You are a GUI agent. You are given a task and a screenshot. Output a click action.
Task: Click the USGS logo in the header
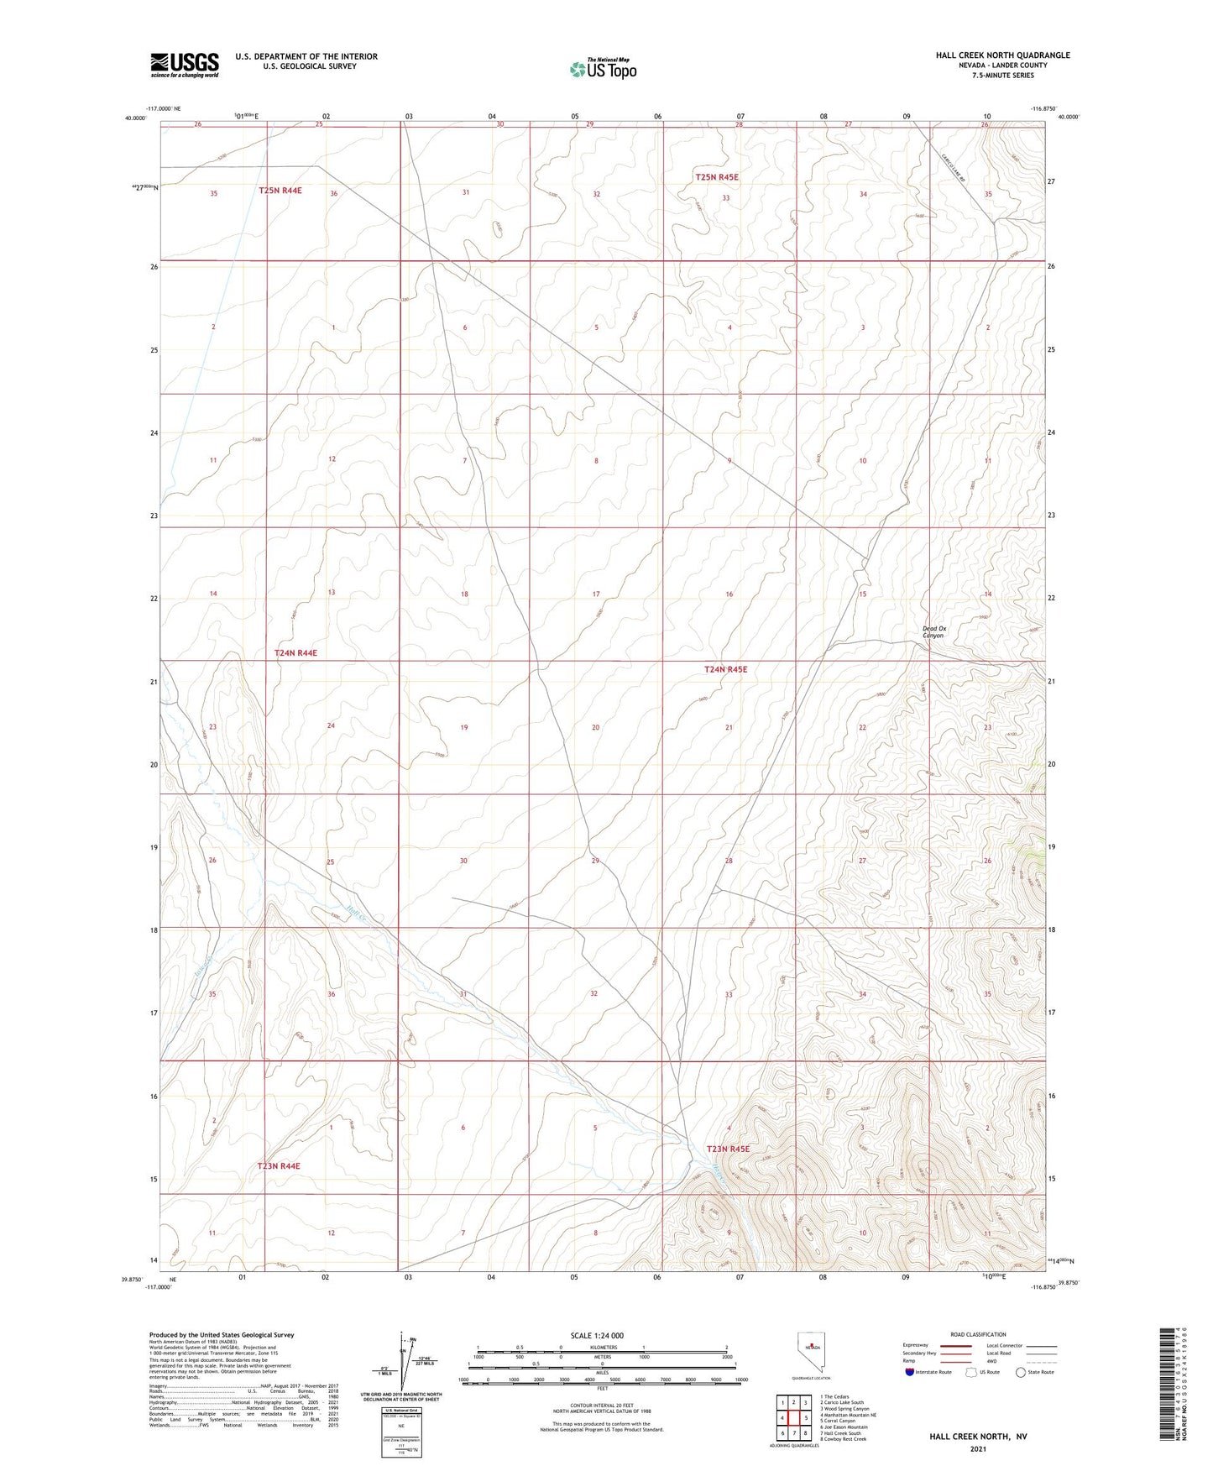[x=184, y=65]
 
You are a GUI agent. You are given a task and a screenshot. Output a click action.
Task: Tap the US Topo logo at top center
[x=603, y=69]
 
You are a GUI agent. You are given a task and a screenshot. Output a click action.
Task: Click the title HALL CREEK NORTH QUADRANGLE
[x=1002, y=55]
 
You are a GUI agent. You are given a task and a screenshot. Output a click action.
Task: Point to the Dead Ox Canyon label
[x=933, y=632]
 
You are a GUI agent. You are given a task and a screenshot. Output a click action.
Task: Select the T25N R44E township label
[x=280, y=191]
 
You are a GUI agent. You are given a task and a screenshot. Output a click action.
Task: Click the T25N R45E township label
[x=716, y=177]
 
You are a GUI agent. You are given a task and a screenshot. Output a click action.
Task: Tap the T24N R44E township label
[x=295, y=652]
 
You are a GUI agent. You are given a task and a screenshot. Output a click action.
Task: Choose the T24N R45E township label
[x=724, y=669]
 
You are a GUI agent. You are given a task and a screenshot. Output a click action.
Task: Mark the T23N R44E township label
[x=278, y=1166]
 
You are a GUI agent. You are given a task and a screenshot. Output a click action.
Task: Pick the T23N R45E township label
[x=727, y=1149]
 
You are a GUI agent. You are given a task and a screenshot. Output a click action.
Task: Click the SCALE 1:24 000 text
[x=597, y=1336]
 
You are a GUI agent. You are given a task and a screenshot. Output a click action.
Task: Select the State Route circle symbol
[x=1021, y=1373]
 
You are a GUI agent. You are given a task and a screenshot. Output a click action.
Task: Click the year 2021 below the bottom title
[x=977, y=1448]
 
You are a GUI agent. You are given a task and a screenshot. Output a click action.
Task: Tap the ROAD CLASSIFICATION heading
[x=979, y=1334]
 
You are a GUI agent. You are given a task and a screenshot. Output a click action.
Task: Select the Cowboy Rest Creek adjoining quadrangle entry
[x=844, y=1439]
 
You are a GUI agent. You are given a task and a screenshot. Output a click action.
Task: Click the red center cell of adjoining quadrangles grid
[x=793, y=1418]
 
